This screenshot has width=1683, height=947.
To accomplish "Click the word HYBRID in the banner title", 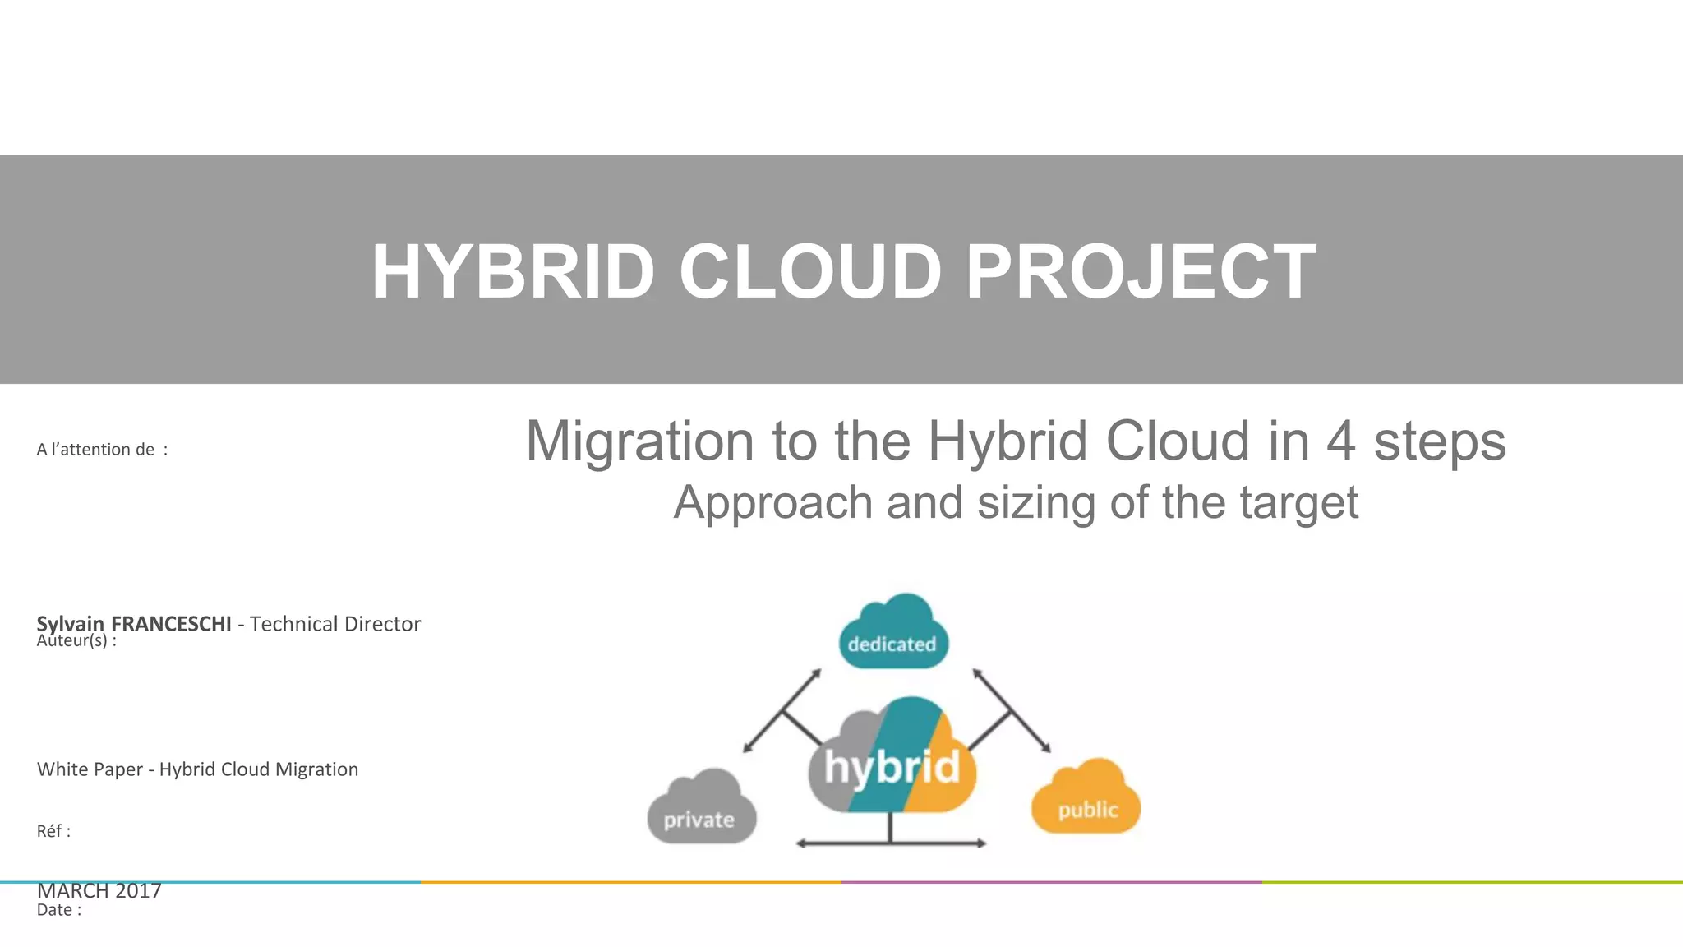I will click(513, 272).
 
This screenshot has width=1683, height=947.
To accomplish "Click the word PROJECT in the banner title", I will click(1141, 272).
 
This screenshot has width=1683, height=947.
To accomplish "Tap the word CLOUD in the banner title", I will click(809, 272).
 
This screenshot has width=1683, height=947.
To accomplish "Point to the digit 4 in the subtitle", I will click(1340, 441).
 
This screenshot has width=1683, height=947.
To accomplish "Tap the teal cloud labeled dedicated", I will click(893, 633).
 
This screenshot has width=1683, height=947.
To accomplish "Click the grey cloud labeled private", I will click(701, 810).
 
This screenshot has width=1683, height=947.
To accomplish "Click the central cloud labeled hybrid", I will click(892, 760).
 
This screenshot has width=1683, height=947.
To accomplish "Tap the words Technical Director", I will click(335, 624).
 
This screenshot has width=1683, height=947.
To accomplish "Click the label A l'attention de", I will click(101, 450).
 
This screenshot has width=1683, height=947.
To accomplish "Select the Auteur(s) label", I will click(76, 641).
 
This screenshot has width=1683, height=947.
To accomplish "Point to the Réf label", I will click(53, 831).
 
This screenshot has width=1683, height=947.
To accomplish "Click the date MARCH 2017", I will click(99, 891).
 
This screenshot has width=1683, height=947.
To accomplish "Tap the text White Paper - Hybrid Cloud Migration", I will click(197, 769).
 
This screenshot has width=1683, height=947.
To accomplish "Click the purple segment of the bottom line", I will click(1052, 882).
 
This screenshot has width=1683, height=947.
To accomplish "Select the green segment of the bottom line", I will click(1471, 882).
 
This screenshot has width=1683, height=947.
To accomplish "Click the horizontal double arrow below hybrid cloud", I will click(892, 843).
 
